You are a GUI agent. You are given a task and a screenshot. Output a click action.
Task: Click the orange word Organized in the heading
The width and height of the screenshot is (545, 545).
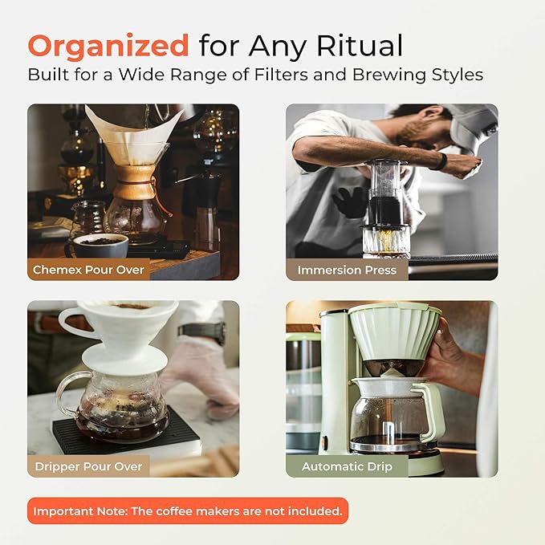click(x=108, y=46)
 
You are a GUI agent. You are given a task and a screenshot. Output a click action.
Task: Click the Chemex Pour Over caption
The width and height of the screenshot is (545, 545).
click(x=88, y=270)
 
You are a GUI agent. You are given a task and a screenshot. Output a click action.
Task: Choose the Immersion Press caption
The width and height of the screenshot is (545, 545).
click(x=347, y=270)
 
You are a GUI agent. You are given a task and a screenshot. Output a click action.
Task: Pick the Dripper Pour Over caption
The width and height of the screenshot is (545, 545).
click(x=88, y=466)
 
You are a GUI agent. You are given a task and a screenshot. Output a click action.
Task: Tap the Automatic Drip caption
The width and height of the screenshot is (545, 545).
click(x=347, y=466)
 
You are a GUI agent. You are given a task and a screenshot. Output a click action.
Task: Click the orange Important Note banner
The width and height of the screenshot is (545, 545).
click(x=188, y=510)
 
